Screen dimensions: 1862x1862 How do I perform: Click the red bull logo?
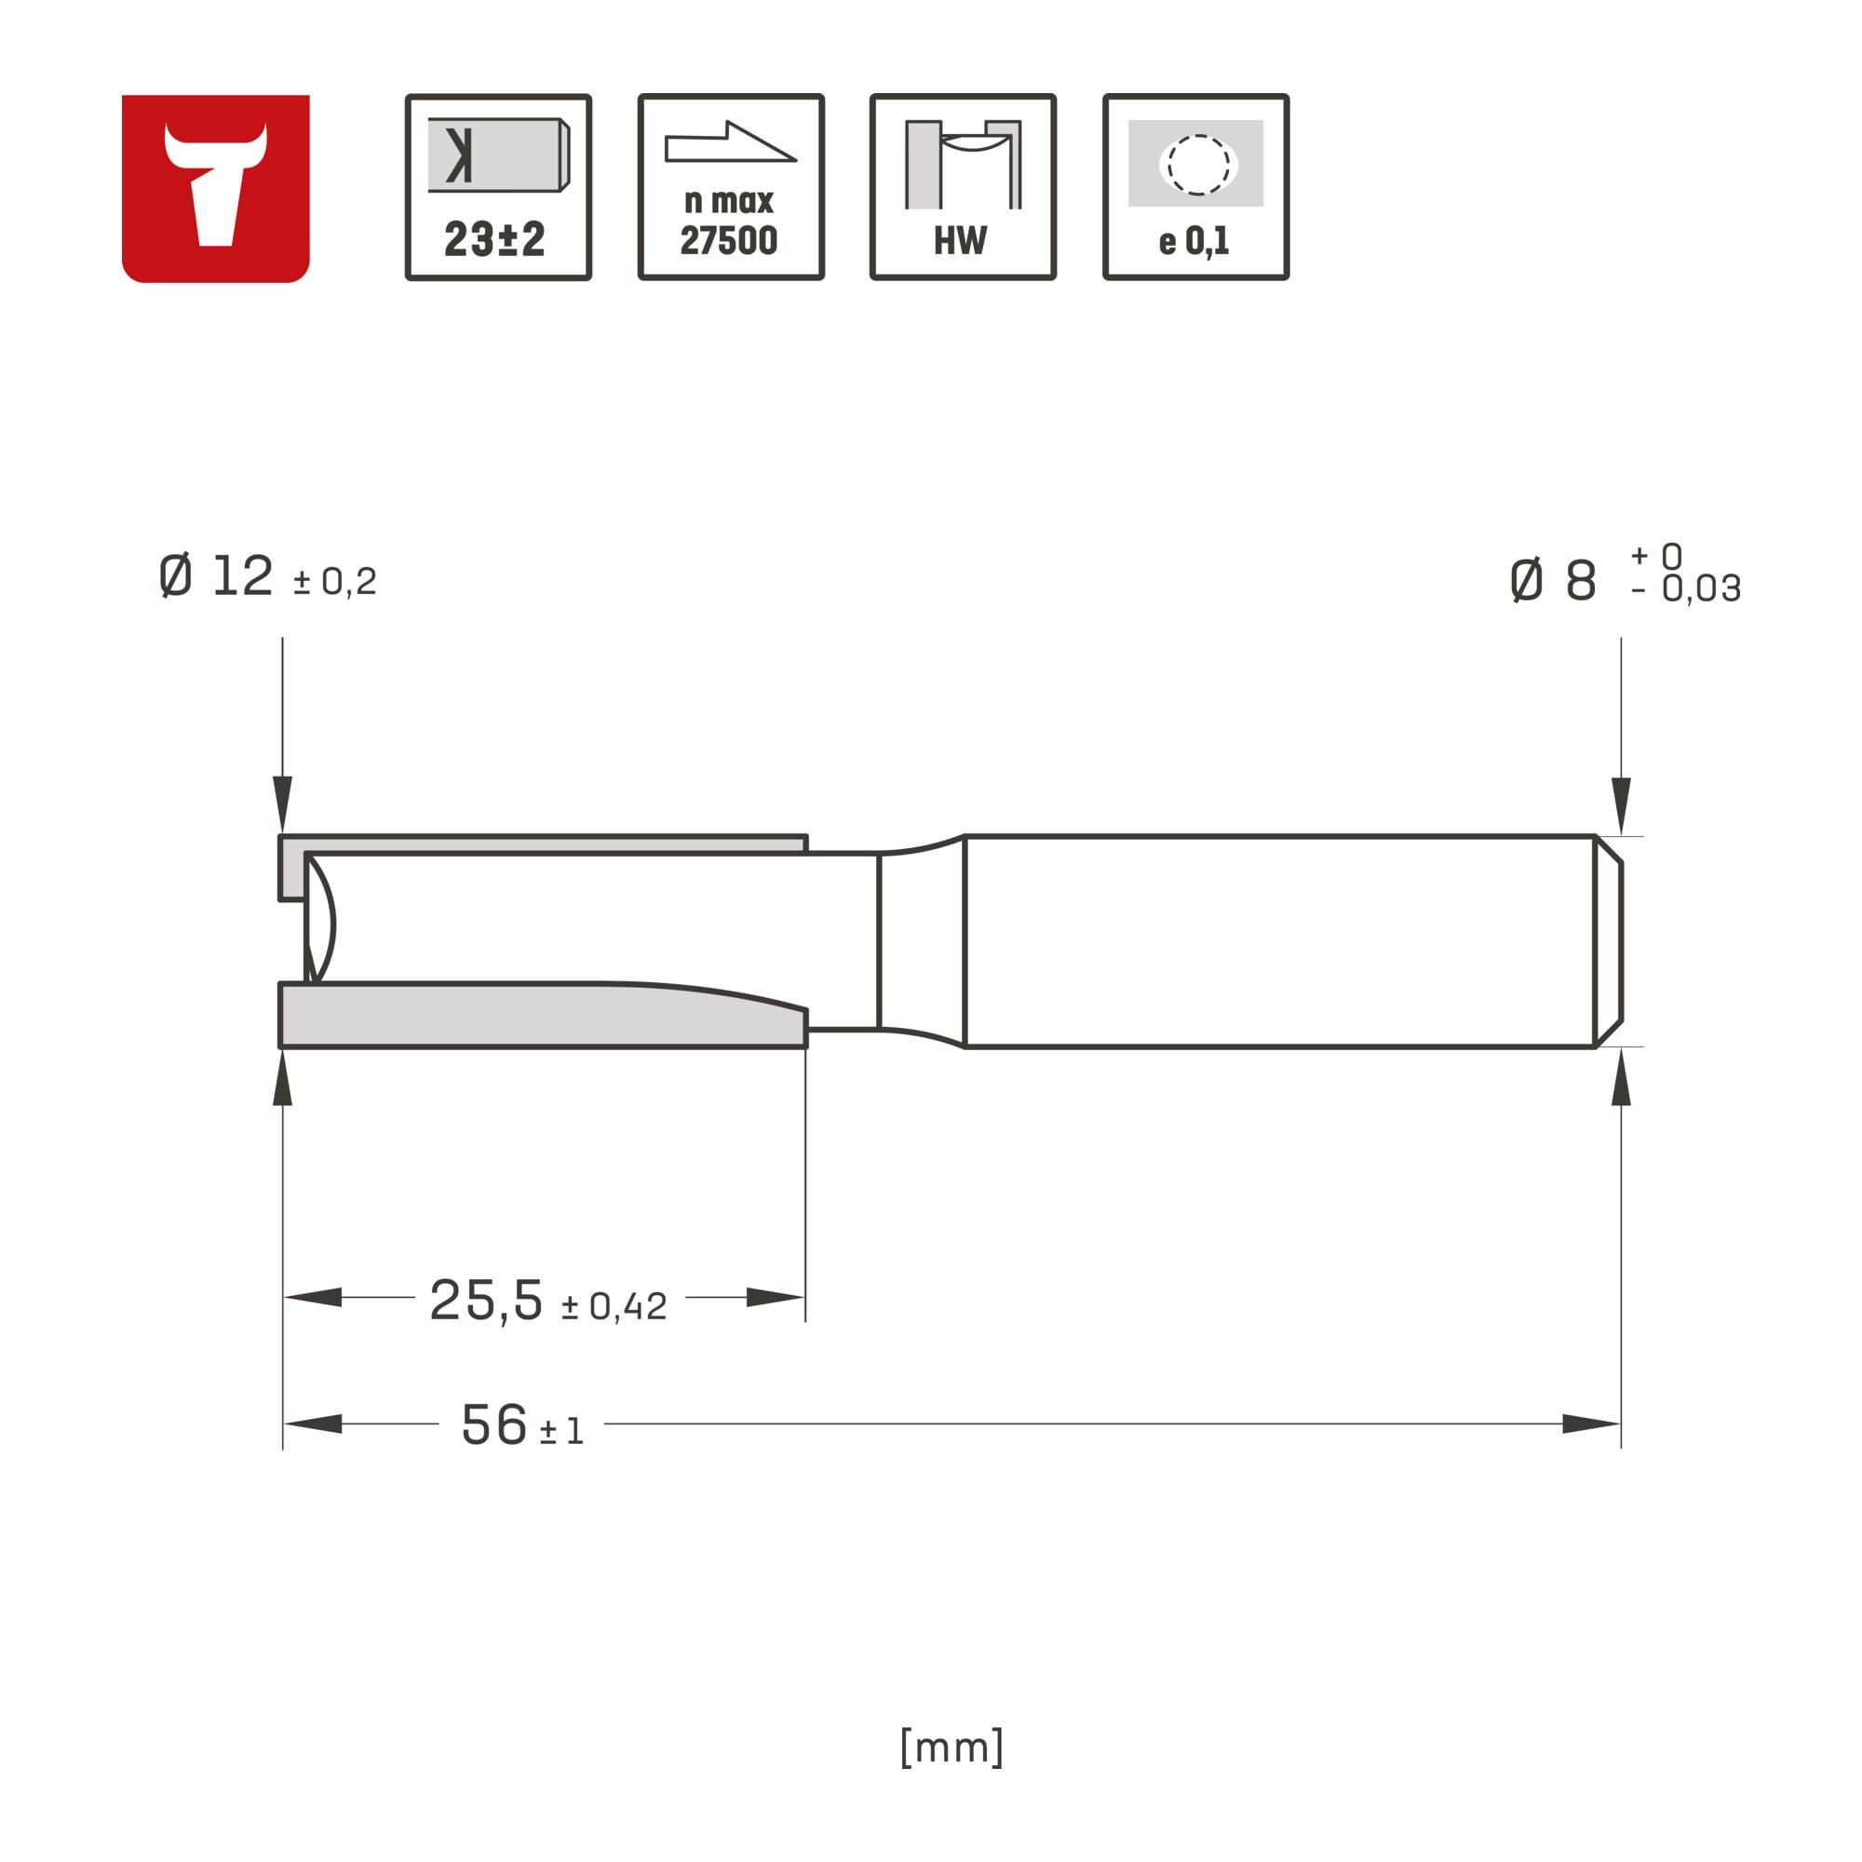coord(215,188)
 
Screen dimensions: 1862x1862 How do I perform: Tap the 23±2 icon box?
coord(498,187)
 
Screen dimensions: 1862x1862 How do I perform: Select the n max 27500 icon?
coord(732,187)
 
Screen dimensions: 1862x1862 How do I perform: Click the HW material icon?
coord(963,187)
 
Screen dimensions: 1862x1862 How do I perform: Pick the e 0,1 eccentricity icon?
coord(1196,187)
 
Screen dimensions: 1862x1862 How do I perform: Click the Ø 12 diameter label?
coord(216,576)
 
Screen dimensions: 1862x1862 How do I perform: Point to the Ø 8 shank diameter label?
coord(1553,580)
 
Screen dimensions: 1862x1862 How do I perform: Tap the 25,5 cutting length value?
coord(486,1299)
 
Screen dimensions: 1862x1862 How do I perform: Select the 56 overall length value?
coord(494,1424)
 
